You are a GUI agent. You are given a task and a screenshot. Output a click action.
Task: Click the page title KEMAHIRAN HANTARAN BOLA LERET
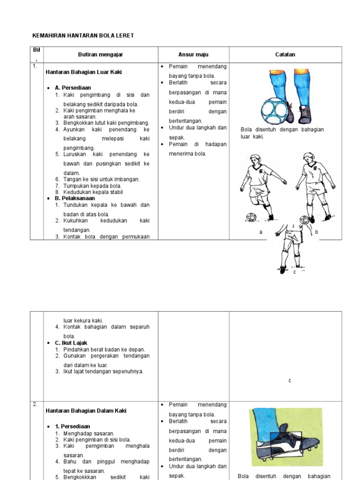[83, 36]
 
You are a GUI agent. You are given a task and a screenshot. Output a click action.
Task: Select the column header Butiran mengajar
[100, 55]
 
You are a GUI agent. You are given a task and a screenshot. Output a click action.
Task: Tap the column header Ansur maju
[193, 55]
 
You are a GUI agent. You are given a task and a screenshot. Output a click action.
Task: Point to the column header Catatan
[285, 55]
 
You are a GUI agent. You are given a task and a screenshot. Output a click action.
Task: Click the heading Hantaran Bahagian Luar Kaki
[84, 72]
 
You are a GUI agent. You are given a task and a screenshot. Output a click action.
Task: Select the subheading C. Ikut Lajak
[71, 343]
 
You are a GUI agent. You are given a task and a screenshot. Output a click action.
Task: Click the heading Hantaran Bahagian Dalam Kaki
[86, 411]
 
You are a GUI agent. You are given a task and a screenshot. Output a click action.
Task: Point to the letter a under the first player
[261, 232]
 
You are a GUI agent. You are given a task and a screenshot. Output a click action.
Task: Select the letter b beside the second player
[317, 232]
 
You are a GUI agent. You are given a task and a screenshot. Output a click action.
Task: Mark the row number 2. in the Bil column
[35, 405]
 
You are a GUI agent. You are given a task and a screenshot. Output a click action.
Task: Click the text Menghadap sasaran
[89, 434]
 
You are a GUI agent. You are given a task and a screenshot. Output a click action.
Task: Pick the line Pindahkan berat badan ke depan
[104, 350]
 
